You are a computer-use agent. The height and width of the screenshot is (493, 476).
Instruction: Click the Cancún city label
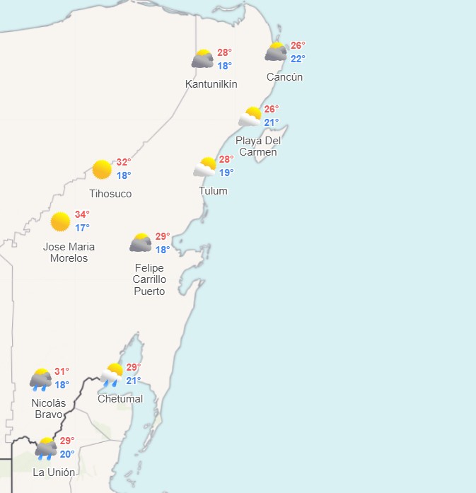coord(284,77)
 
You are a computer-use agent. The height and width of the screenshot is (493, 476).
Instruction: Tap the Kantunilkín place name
coord(211,84)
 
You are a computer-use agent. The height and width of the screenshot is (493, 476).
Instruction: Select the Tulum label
coord(213,191)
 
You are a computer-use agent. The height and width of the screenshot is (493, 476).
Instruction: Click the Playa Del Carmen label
coord(258,146)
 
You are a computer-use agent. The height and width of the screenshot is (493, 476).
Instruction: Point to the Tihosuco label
coord(110,194)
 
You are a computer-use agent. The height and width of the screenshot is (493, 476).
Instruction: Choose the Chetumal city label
coord(120,399)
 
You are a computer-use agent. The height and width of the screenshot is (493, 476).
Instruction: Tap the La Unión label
coord(54,472)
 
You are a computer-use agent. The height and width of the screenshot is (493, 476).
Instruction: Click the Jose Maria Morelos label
coord(69,253)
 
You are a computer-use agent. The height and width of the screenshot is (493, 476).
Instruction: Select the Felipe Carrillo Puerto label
coord(149,279)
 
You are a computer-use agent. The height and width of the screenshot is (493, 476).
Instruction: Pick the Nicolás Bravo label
coord(49,408)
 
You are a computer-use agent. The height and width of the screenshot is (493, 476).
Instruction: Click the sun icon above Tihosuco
coord(102,169)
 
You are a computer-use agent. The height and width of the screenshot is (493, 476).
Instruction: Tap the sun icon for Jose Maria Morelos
coord(61,221)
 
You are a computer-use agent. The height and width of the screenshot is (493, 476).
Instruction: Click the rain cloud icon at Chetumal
coord(112,373)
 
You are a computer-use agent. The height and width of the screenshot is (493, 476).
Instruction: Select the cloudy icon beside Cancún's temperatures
coord(275,52)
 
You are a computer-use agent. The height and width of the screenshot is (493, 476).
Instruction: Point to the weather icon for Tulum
coord(205,167)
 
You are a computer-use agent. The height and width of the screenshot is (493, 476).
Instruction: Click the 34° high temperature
coord(82,214)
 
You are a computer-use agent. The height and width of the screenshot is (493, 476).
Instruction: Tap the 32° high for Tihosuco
coord(124,162)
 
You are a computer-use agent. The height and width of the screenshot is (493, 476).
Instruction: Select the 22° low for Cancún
coord(298,59)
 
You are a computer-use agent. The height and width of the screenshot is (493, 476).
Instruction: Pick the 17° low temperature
coord(82,228)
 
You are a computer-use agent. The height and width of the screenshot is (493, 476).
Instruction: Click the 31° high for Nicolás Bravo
coord(62,371)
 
